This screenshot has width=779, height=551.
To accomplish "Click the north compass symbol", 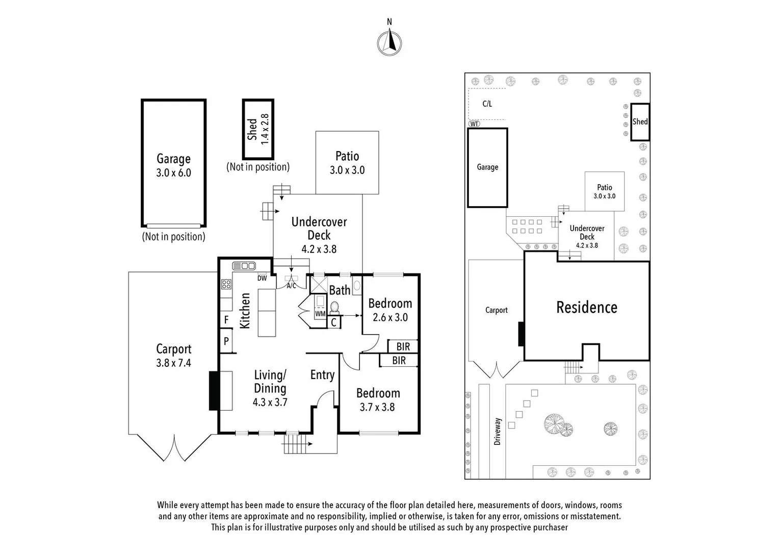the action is point(389,43).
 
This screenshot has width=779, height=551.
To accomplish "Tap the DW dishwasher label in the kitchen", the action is point(262,278).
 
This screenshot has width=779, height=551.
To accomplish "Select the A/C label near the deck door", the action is point(292,286).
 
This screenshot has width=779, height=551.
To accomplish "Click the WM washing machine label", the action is point(320,314).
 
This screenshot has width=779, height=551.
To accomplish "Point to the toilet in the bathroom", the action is point(334,308).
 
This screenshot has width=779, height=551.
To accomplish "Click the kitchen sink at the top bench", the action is point(244,266).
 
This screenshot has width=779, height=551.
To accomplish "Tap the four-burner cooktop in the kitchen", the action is point(226,284).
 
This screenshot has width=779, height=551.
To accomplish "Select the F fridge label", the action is point(226,319).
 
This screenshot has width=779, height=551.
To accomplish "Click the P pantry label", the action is point(226,341).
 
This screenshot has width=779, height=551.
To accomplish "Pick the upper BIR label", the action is point(403,347).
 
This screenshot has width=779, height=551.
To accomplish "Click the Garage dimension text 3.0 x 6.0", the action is point(173,172).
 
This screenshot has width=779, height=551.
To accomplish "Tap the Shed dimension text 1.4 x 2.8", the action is point(265,129).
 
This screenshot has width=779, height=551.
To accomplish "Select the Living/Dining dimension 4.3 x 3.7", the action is point(270,403).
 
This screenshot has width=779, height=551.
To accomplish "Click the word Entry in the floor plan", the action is point(322,375).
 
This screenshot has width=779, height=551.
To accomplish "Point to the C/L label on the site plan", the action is point(487,104).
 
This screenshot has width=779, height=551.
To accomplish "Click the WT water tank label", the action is point(474,124).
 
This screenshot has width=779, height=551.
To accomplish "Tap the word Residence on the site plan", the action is point(587,307).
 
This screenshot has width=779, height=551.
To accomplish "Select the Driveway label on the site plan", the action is point(497,432).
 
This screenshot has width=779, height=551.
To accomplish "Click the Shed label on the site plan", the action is point(640,121).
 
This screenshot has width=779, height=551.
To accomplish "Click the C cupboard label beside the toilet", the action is point(333,322).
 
